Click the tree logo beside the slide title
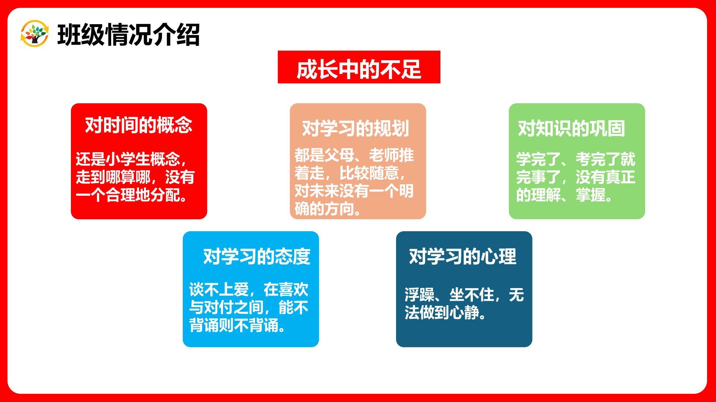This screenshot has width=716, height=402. click(x=34, y=34)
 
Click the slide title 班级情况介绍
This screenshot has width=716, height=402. click(x=129, y=35)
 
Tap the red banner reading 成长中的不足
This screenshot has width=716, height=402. click(x=359, y=67)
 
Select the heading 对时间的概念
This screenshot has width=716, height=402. click(x=139, y=125)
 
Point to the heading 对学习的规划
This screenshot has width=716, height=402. click(x=355, y=128)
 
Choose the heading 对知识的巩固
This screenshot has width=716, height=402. click(x=571, y=128)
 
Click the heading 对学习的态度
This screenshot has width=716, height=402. click(x=257, y=256)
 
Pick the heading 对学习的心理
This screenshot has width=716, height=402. click(x=462, y=256)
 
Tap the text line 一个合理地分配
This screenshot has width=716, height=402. click(x=132, y=195)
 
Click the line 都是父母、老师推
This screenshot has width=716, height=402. click(x=354, y=155)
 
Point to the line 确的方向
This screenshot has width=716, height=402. click(x=328, y=209)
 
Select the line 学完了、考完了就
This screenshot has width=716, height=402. click(x=575, y=159)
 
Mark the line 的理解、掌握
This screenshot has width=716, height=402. click(x=564, y=195)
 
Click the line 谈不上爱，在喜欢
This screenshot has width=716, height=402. click(x=249, y=290)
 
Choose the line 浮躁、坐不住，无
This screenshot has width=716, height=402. click(x=464, y=295)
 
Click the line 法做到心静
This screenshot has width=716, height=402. click(x=446, y=313)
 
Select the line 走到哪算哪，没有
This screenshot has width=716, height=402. click(x=135, y=177)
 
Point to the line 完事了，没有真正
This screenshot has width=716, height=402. click(x=575, y=177)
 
